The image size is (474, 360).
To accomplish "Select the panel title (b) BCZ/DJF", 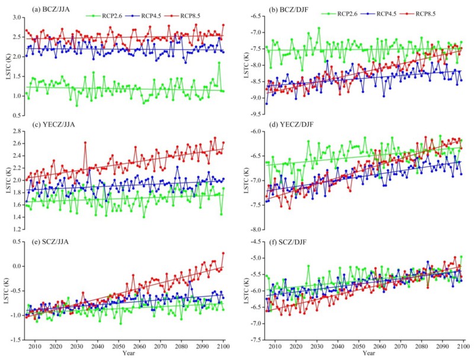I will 283,9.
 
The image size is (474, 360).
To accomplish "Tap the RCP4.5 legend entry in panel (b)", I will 385,12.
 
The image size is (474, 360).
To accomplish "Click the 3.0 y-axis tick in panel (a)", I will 17,19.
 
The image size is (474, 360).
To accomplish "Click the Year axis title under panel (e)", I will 127,353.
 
